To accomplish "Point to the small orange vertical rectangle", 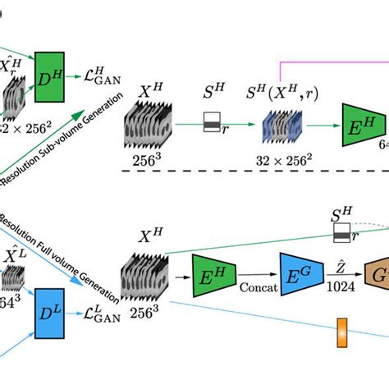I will click(343, 336).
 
